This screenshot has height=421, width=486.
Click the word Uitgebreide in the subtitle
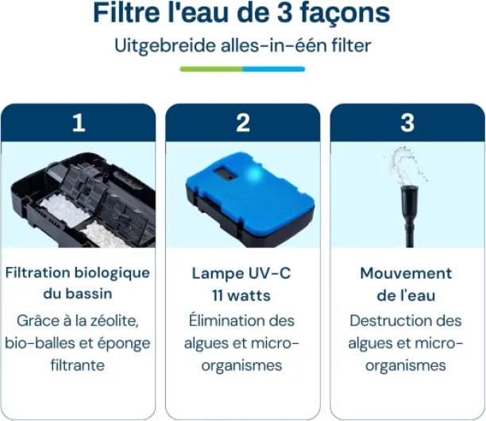(165, 45)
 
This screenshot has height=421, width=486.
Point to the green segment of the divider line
(211, 69)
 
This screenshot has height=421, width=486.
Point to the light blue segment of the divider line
(274, 69)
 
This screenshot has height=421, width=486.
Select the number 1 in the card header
(79, 123)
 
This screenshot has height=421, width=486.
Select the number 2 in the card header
(243, 123)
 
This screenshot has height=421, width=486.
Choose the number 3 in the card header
(407, 123)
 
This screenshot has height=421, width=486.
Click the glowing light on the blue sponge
(255, 174)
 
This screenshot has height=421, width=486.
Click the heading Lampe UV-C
(241, 273)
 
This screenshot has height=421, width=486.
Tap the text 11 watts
(241, 295)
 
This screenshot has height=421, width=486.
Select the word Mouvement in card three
(406, 273)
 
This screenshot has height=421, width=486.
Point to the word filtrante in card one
(78, 365)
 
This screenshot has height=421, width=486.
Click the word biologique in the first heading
(113, 273)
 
